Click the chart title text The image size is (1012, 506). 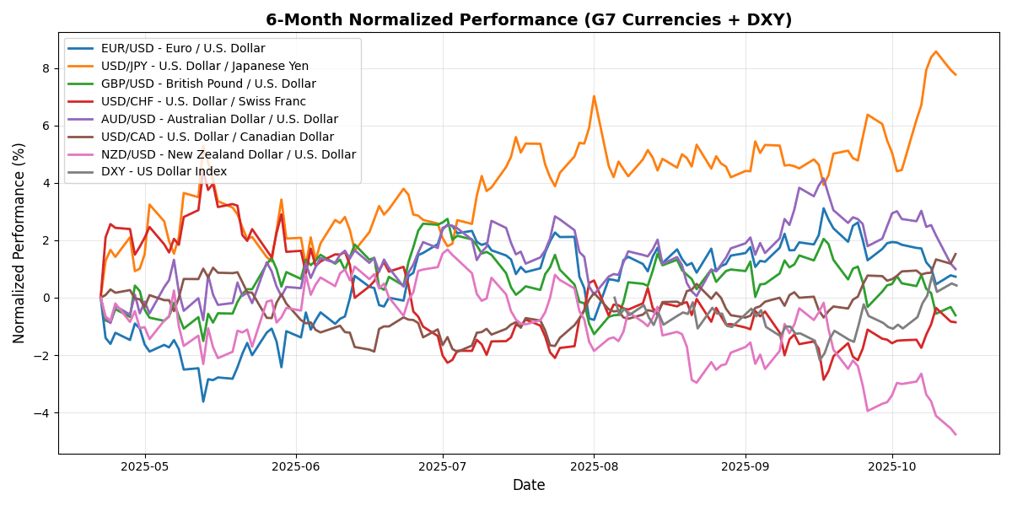coord(529,19)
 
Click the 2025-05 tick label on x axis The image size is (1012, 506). coord(145,466)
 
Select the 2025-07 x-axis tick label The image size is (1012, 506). coord(443,466)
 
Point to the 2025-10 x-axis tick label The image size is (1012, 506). coord(892,466)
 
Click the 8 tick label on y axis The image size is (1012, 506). coord(47,68)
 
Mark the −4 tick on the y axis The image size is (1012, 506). coord(44,413)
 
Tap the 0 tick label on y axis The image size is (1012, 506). coord(47,298)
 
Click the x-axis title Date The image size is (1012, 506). coord(529,486)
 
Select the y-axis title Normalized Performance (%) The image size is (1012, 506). coord(19,243)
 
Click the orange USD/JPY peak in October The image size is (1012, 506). coord(935,51)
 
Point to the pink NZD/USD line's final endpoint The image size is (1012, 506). coord(955,434)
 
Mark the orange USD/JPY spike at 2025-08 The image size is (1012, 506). coord(594,96)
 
